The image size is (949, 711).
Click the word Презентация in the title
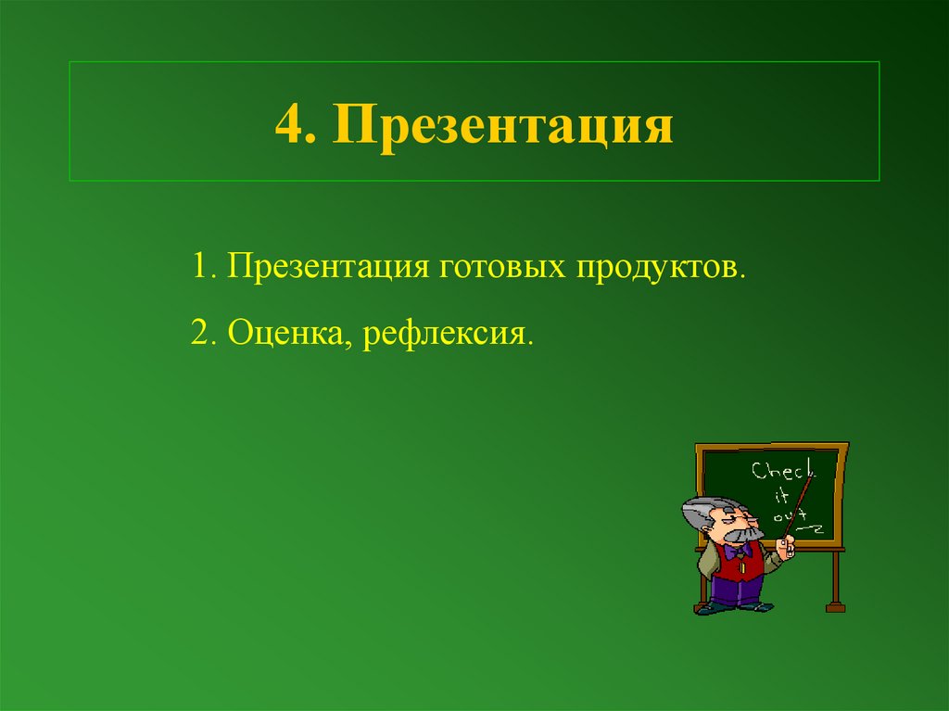click(504, 125)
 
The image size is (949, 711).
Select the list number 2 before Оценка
click(201, 331)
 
